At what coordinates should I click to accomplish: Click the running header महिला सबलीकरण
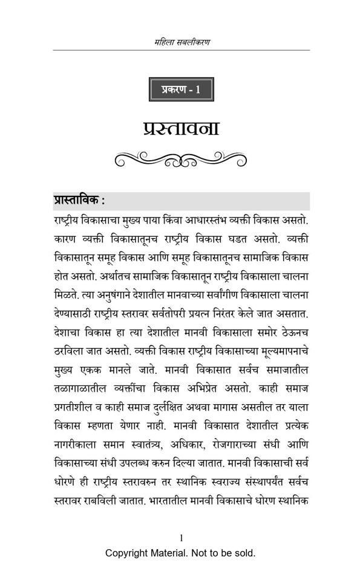(x=181, y=42)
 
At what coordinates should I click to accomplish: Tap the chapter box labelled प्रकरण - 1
(x=181, y=90)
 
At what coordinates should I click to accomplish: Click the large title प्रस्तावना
(x=181, y=129)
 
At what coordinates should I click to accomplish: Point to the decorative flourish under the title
(x=181, y=159)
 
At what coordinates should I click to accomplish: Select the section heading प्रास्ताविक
(x=79, y=201)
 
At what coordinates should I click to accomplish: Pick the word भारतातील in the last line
(x=171, y=501)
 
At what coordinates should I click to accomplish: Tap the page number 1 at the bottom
(x=181, y=538)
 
